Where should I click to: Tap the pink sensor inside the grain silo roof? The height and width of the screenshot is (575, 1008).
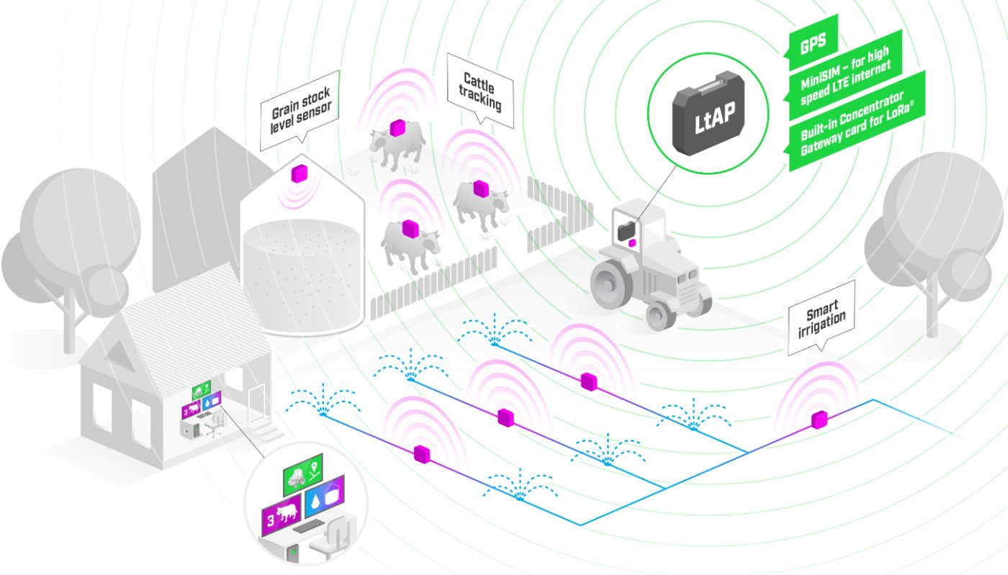pyautogui.click(x=298, y=173)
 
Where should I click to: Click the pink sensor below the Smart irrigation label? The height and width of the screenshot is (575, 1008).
pyautogui.click(x=819, y=420)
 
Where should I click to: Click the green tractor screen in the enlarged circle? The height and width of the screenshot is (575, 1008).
pyautogui.click(x=302, y=472)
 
